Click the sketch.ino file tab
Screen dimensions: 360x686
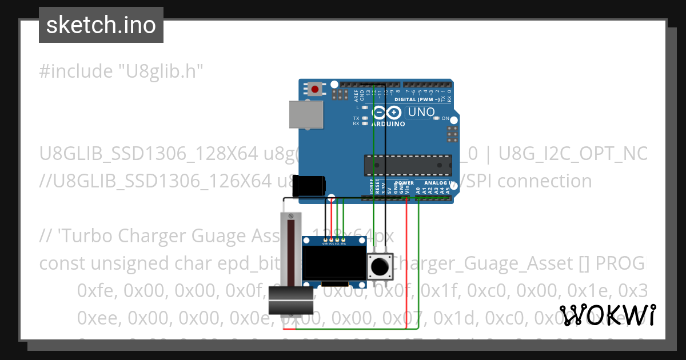pos(101,25)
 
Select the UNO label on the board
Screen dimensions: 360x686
pos(421,113)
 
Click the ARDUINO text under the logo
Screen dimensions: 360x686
pos(388,124)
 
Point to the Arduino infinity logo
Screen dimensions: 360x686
pos(386,113)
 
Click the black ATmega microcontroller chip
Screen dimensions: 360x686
pos(408,165)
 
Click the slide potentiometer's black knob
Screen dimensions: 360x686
pos(291,301)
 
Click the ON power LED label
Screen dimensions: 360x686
pos(445,118)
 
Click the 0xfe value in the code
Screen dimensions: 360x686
pos(95,290)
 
